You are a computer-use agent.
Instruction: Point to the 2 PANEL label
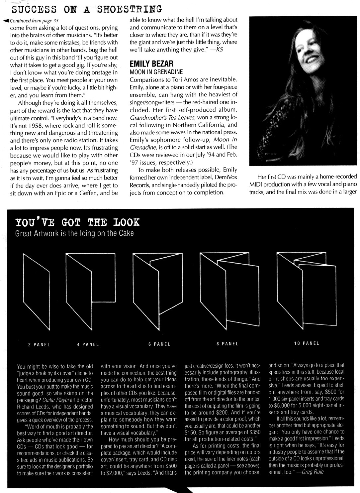pyautogui.click(x=39, y=344)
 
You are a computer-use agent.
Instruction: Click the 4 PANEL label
pyautogui.click(x=88, y=344)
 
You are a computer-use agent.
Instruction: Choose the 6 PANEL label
pyautogui.click(x=159, y=344)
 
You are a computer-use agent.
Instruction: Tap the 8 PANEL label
pyautogui.click(x=227, y=344)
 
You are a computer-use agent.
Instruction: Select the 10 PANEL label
pyautogui.click(x=307, y=343)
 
